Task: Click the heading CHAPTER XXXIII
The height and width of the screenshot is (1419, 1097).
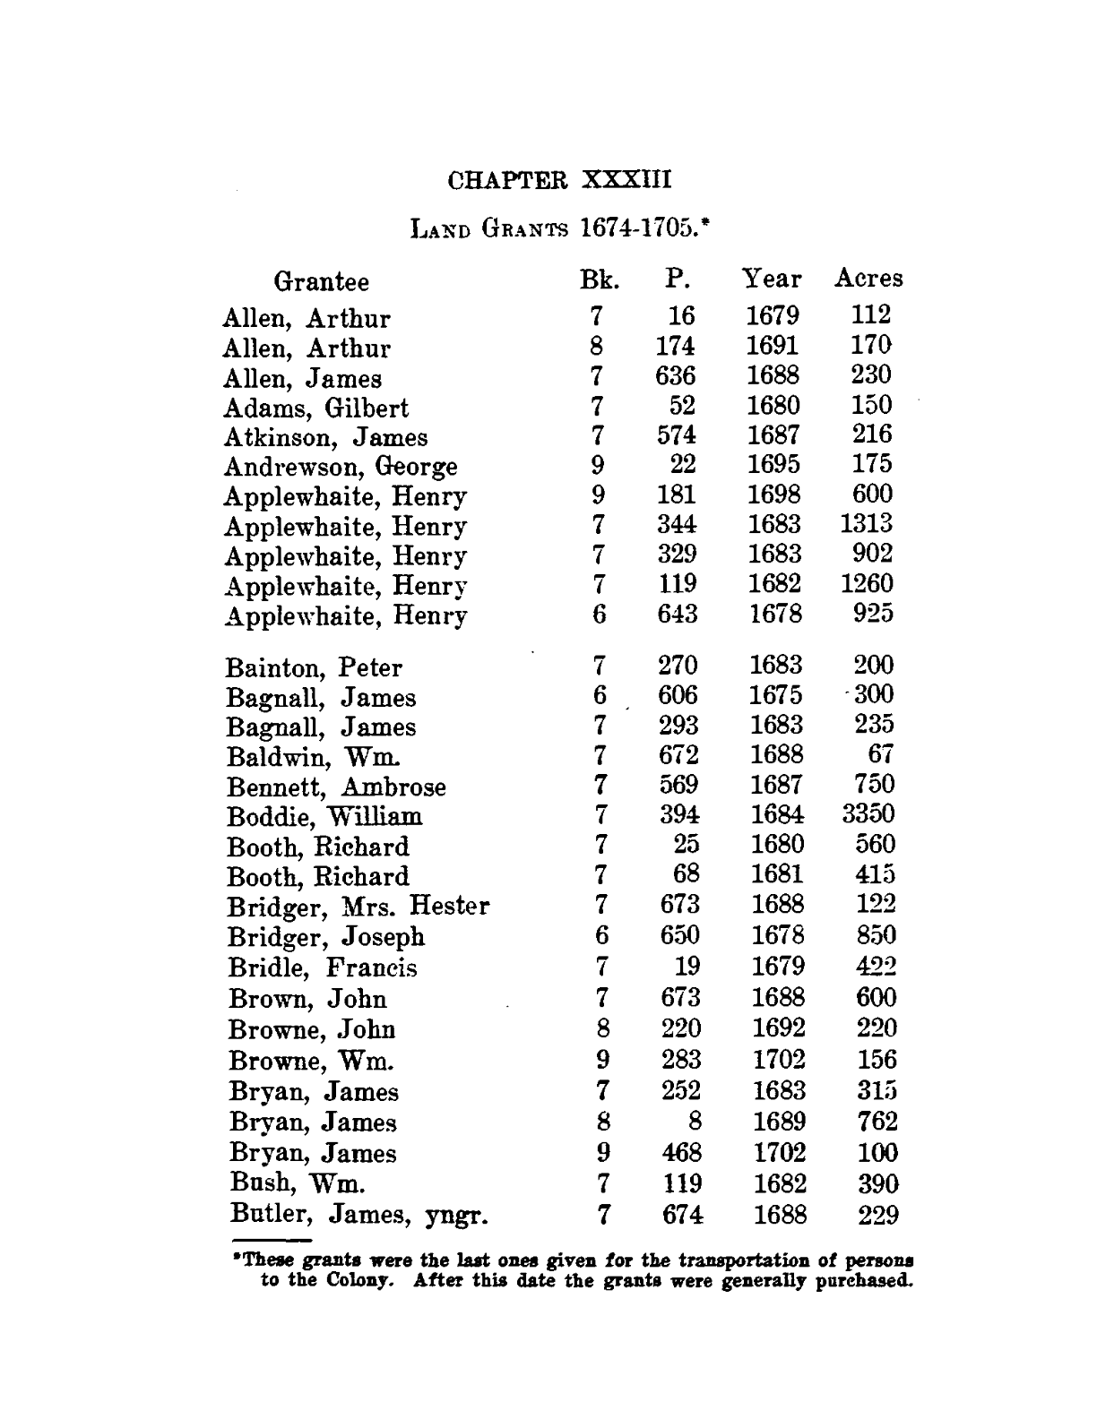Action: click(x=558, y=179)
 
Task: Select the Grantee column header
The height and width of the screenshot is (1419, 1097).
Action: click(x=321, y=281)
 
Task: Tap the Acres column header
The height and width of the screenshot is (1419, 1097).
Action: click(x=868, y=279)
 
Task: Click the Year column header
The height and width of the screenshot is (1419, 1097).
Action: click(x=772, y=279)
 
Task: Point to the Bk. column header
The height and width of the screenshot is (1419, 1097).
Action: click(x=599, y=279)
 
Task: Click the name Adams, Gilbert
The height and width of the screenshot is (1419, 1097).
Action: click(x=315, y=408)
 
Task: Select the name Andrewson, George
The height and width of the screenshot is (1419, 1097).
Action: click(x=341, y=467)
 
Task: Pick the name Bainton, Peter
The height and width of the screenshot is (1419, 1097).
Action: click(x=315, y=667)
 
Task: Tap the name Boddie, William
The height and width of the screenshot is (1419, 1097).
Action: click(x=324, y=817)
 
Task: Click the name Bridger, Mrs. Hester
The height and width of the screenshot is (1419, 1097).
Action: click(x=358, y=907)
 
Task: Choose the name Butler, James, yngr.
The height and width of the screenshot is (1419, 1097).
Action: click(x=358, y=1215)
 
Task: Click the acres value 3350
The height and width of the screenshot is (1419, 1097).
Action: click(x=868, y=814)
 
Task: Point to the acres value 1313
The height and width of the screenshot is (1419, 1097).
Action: click(x=867, y=523)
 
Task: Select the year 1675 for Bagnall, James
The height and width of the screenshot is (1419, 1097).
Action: click(x=775, y=695)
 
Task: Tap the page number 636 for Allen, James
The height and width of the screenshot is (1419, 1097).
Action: click(x=675, y=375)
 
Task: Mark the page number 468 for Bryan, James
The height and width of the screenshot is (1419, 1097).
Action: click(x=680, y=1152)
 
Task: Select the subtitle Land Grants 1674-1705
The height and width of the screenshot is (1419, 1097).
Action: click(x=559, y=228)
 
